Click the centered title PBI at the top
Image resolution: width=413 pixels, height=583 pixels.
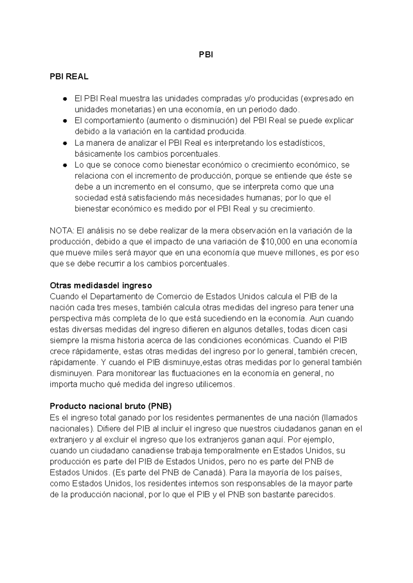(206, 55)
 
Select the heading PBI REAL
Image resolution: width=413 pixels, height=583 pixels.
(69, 77)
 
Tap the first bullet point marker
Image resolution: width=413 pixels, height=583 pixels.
(64, 99)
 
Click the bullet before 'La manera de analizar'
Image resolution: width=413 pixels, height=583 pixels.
(64, 143)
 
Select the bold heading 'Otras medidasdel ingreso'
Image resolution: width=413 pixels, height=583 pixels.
(101, 286)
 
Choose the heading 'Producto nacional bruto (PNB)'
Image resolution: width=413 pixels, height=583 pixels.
(110, 406)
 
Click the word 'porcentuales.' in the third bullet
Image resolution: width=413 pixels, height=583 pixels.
(197, 154)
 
